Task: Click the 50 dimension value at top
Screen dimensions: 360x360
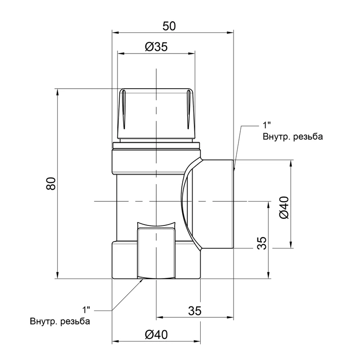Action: click(169, 26)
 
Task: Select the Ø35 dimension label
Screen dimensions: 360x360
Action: click(156, 47)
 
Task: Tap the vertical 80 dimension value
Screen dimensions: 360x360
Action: click(51, 184)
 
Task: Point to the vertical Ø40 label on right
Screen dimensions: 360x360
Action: click(284, 207)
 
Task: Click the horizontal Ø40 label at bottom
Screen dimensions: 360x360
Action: click(156, 335)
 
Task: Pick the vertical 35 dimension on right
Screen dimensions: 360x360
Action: click(262, 243)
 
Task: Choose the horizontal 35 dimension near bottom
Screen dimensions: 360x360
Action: click(195, 311)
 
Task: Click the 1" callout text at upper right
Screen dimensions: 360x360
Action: click(266, 126)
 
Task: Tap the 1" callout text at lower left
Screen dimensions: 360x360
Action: click(86, 310)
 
